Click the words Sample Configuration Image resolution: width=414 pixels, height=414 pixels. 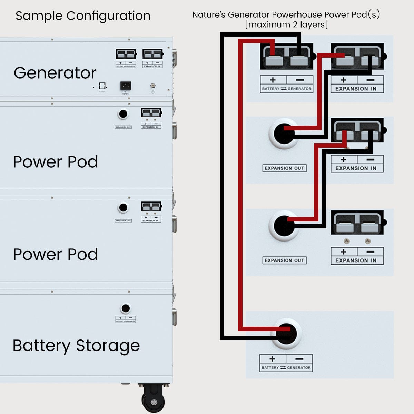point(83,16)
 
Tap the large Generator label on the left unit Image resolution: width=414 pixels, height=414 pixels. point(55,73)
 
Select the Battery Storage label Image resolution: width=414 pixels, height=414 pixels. point(76,346)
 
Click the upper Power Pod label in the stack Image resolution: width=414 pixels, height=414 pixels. point(55,162)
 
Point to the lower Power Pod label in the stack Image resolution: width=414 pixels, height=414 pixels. point(55,254)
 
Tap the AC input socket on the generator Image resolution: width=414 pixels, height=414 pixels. point(125,86)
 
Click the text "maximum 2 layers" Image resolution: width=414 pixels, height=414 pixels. point(286,25)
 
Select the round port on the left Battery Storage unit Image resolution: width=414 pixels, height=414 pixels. point(126,308)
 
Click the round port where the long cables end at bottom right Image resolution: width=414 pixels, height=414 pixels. point(286,334)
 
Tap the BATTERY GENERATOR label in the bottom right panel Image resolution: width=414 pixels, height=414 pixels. point(286,368)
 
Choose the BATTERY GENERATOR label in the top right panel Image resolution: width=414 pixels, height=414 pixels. point(286,89)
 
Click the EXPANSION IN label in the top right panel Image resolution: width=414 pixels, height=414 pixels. point(357,89)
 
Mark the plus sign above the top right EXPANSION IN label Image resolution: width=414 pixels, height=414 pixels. point(343,80)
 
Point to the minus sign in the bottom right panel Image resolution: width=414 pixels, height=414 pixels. point(299,359)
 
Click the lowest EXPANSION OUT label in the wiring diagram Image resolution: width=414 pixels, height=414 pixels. point(284,260)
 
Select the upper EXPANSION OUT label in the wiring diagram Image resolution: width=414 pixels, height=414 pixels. point(284,168)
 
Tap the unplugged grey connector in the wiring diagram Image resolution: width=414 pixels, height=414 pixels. point(357,223)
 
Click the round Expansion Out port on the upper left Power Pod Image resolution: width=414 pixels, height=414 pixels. point(123,114)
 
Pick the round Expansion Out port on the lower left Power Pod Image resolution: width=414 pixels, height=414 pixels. point(123,208)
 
